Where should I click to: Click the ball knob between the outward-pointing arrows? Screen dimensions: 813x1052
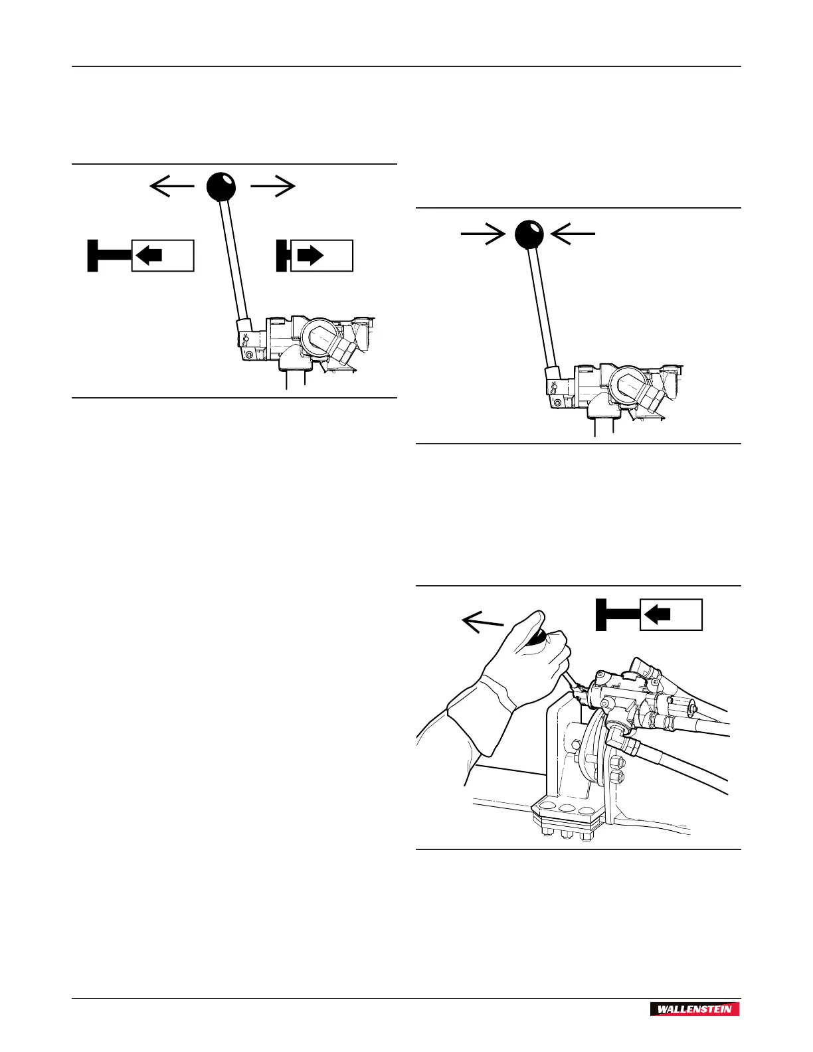[x=221, y=187]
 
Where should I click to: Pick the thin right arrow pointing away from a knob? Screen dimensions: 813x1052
[x=272, y=188]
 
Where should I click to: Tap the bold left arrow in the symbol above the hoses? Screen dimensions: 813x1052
[x=658, y=614]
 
